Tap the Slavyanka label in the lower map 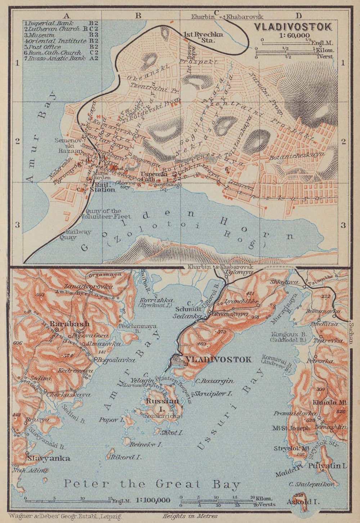(48, 458)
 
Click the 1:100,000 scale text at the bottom (153, 500)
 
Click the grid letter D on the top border (298, 15)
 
